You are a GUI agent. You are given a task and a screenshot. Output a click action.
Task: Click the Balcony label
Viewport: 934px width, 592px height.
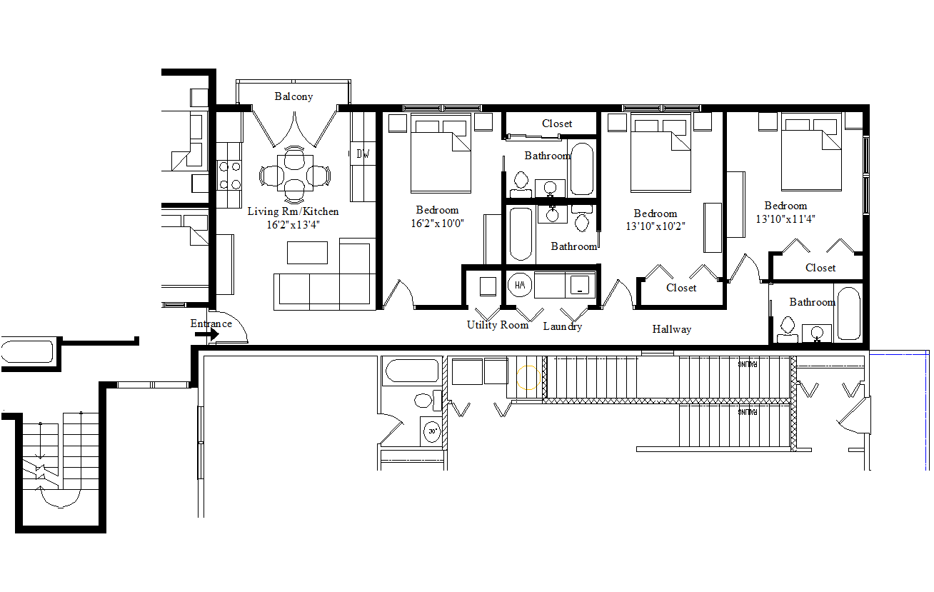pos(293,96)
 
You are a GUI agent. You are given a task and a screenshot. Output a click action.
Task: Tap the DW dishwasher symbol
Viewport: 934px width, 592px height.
pos(363,154)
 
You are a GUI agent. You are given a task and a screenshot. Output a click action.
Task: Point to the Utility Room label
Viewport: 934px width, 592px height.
pos(498,325)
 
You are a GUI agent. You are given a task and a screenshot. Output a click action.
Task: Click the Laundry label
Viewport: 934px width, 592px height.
pos(562,326)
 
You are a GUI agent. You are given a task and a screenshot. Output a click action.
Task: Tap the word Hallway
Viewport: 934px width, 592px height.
pos(671,329)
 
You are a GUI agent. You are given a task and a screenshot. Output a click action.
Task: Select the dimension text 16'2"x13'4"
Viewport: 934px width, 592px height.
pos(293,224)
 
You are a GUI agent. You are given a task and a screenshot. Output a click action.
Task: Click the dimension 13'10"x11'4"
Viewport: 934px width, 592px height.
pos(785,219)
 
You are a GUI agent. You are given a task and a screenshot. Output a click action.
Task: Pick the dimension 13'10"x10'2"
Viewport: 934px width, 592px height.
pos(655,226)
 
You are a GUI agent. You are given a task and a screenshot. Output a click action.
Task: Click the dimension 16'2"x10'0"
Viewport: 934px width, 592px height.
pos(437,223)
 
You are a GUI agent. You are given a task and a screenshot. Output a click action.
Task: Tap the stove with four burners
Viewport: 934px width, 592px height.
pos(229,175)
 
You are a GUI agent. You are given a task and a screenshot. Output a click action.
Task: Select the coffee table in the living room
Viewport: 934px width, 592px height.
pos(307,253)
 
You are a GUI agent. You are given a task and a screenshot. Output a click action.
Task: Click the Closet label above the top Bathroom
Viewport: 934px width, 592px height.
pos(557,124)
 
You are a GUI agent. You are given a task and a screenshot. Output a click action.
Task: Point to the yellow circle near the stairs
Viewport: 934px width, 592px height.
pos(528,376)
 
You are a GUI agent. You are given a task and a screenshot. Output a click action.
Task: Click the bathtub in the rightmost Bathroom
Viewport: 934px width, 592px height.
pos(848,313)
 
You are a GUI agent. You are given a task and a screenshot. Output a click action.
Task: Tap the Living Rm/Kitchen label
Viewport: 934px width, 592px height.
pos(293,211)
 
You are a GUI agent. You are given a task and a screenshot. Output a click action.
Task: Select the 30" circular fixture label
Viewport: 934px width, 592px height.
pos(431,431)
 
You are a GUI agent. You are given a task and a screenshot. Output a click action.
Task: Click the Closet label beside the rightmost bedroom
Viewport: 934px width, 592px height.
pos(820,268)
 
